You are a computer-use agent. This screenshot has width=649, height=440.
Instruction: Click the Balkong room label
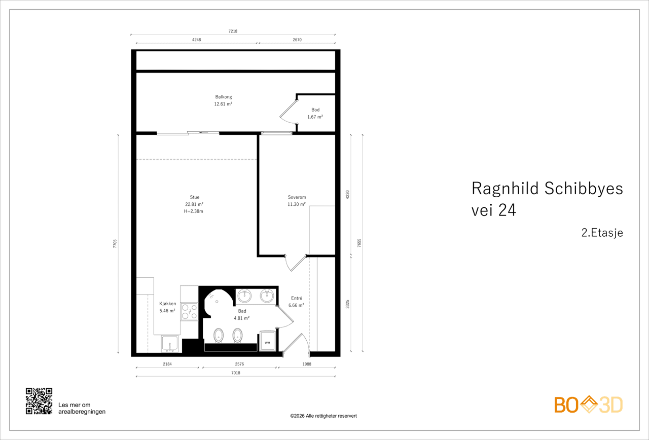pos(224,97)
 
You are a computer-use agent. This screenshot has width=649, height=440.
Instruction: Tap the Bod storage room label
pos(315,110)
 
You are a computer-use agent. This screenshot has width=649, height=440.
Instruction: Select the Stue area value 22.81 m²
pos(194,204)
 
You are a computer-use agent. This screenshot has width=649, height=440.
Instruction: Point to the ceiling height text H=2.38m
pos(194,211)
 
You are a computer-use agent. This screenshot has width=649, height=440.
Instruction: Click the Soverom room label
pos(297,197)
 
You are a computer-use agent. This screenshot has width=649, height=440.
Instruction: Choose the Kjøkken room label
pos(167,304)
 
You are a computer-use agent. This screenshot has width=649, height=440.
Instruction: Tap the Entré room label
pos(297,298)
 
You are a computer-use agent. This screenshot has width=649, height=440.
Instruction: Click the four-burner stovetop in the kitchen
pos(189,311)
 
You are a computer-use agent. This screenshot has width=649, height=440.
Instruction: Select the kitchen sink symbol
pos(170,344)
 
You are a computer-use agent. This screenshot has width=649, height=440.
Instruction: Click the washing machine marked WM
pos(267,341)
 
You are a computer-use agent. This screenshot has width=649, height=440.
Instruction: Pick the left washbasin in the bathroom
pos(244,296)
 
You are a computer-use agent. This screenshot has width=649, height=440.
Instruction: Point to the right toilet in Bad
pos(238,336)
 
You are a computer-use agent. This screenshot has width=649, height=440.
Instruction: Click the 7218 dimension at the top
pos(233,31)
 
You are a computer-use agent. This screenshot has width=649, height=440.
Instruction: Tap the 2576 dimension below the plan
pos(239,364)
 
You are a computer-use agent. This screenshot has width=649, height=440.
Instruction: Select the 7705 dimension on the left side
pos(115,244)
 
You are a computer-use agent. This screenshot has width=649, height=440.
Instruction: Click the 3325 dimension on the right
pos(348,304)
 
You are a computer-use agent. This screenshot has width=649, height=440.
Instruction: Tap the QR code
pos(39,401)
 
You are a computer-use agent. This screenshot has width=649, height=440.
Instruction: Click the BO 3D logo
pos(588,405)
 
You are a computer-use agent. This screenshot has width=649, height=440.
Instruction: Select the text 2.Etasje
pos(602,233)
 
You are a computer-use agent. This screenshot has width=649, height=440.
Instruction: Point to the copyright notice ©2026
pos(323,416)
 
